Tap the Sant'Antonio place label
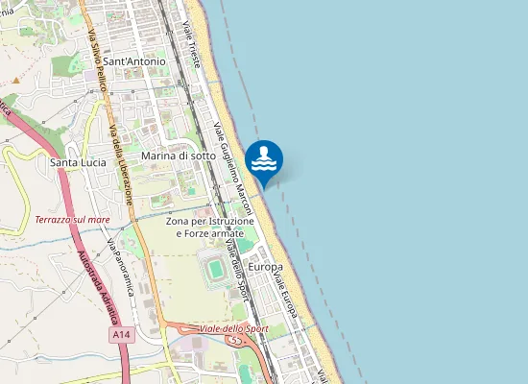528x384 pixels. (x=134, y=61)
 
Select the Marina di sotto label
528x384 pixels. (x=172, y=155)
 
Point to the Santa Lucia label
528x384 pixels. (x=78, y=162)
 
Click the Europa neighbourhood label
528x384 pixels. (x=265, y=266)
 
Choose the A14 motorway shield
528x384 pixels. (x=120, y=335)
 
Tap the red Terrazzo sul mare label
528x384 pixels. (x=72, y=220)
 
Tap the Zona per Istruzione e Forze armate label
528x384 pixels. (x=210, y=228)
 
